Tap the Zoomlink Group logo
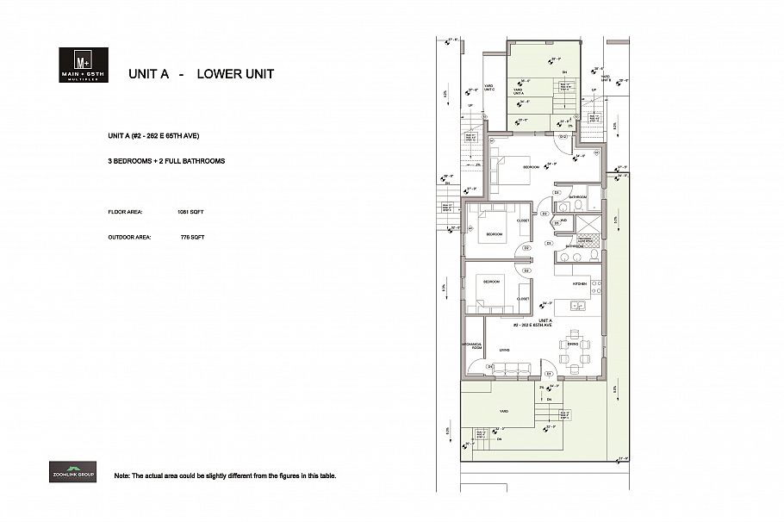72,472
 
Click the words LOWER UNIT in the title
235,74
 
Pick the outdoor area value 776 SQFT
192,237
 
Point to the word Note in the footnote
121,475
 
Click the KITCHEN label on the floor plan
581,283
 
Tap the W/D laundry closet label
563,221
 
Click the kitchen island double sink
576,305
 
